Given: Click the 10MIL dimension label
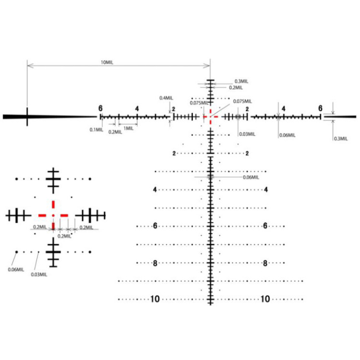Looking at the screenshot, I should coord(107,62).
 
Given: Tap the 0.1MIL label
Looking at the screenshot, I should coord(96,129).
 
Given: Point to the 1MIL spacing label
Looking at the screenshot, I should coord(129,128).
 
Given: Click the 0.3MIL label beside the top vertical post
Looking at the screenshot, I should coord(241,81).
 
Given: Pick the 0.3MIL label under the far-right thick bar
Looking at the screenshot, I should coord(341,139).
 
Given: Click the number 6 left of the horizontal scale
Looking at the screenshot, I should coord(100,108).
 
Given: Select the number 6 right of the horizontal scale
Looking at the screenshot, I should coord(320,108).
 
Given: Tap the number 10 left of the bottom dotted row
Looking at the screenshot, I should coord(155,299).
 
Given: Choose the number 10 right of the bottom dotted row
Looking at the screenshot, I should coord(265,299).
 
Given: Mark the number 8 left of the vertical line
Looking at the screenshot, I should coord(155,263).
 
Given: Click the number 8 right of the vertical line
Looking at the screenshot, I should coord(265,263).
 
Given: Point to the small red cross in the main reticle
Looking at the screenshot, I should coord(210,116).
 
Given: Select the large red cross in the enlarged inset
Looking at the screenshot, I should coord(53,215).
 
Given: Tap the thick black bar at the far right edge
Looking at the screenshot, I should coord(346,116).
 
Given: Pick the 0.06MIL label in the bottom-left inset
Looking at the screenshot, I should coord(15,269).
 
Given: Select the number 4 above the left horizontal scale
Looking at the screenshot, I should coord(137,109).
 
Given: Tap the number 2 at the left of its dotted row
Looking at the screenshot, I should coord(174,154).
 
